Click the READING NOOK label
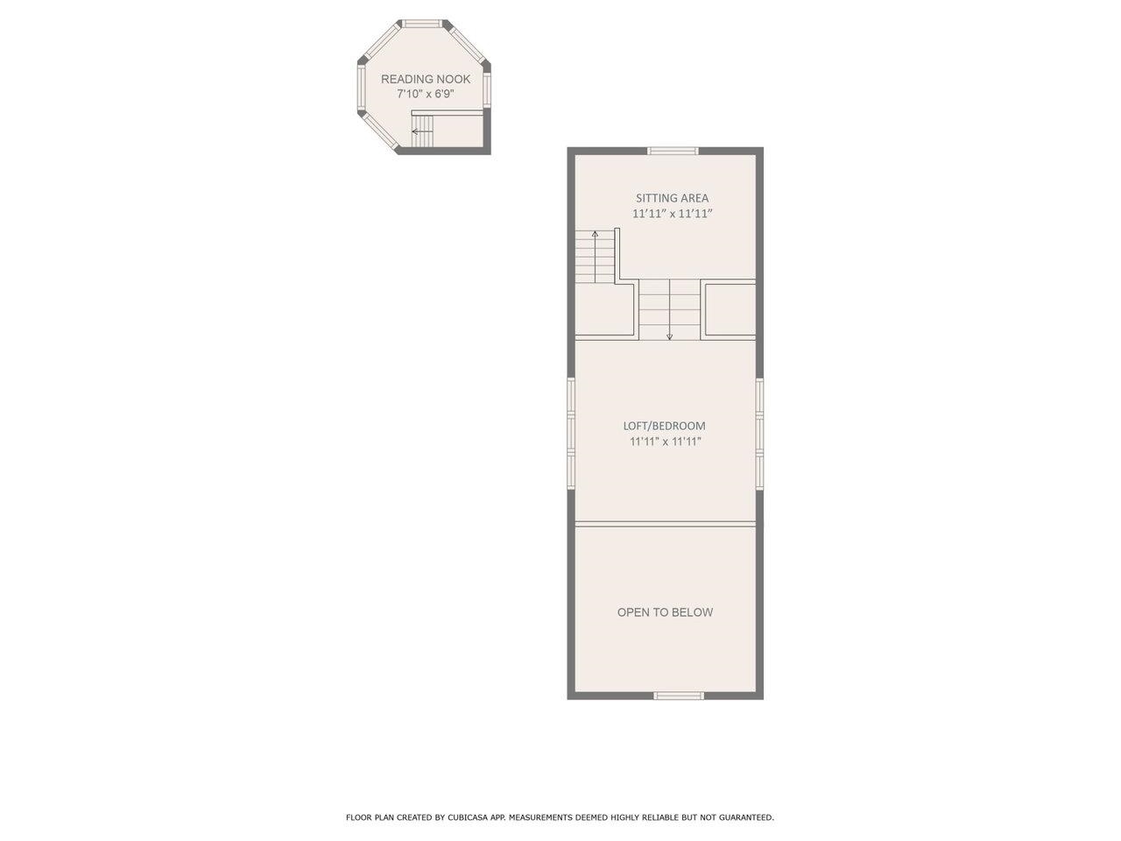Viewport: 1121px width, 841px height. pyautogui.click(x=425, y=79)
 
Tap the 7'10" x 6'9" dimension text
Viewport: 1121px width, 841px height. pyautogui.click(x=425, y=94)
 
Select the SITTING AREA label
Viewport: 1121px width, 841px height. pyautogui.click(x=672, y=198)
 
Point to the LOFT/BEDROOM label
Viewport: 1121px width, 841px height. pyautogui.click(x=664, y=426)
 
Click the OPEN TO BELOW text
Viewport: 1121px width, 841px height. pyautogui.click(x=665, y=612)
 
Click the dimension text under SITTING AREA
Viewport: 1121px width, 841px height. pyautogui.click(x=672, y=214)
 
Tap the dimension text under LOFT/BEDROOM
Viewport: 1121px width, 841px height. pyautogui.click(x=665, y=442)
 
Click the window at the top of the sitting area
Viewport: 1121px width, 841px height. pyautogui.click(x=673, y=151)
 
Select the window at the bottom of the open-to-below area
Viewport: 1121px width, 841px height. pyautogui.click(x=679, y=696)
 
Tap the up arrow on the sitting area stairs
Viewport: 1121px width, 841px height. pyautogui.click(x=596, y=234)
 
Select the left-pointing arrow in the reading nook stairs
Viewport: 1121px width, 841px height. pyautogui.click(x=415, y=133)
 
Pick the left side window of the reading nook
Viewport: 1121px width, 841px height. pyautogui.click(x=361, y=88)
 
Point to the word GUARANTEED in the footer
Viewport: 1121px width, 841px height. pyautogui.click(x=744, y=817)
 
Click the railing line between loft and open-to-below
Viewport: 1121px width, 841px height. pyautogui.click(x=665, y=524)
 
